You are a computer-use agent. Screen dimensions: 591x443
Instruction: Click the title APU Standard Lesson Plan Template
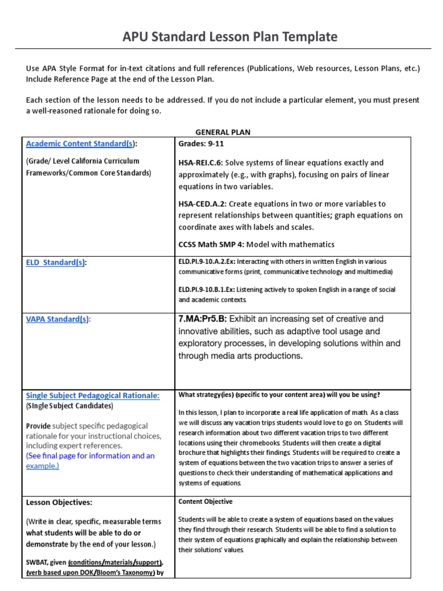pyautogui.click(x=230, y=37)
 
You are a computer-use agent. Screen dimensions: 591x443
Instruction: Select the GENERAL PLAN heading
pyautogui.click(x=223, y=132)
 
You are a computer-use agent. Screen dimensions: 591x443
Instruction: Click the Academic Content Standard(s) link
pyautogui.click(x=80, y=144)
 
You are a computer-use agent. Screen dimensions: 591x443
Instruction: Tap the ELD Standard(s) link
pyautogui.click(x=55, y=263)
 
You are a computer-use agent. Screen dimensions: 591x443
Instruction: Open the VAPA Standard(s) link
pyautogui.click(x=57, y=319)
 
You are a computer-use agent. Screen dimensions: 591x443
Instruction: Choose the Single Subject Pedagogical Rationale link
pyautogui.click(x=92, y=395)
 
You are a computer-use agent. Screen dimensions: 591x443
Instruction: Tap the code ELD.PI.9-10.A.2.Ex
pyautogui.click(x=207, y=261)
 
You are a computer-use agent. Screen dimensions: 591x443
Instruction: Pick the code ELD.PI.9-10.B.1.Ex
pyautogui.click(x=207, y=289)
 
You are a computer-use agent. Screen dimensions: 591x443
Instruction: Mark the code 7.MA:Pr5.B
pyautogui.click(x=204, y=319)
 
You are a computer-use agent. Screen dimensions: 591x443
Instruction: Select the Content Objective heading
pyautogui.click(x=205, y=502)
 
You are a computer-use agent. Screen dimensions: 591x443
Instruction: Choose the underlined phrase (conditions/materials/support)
pyautogui.click(x=115, y=562)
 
